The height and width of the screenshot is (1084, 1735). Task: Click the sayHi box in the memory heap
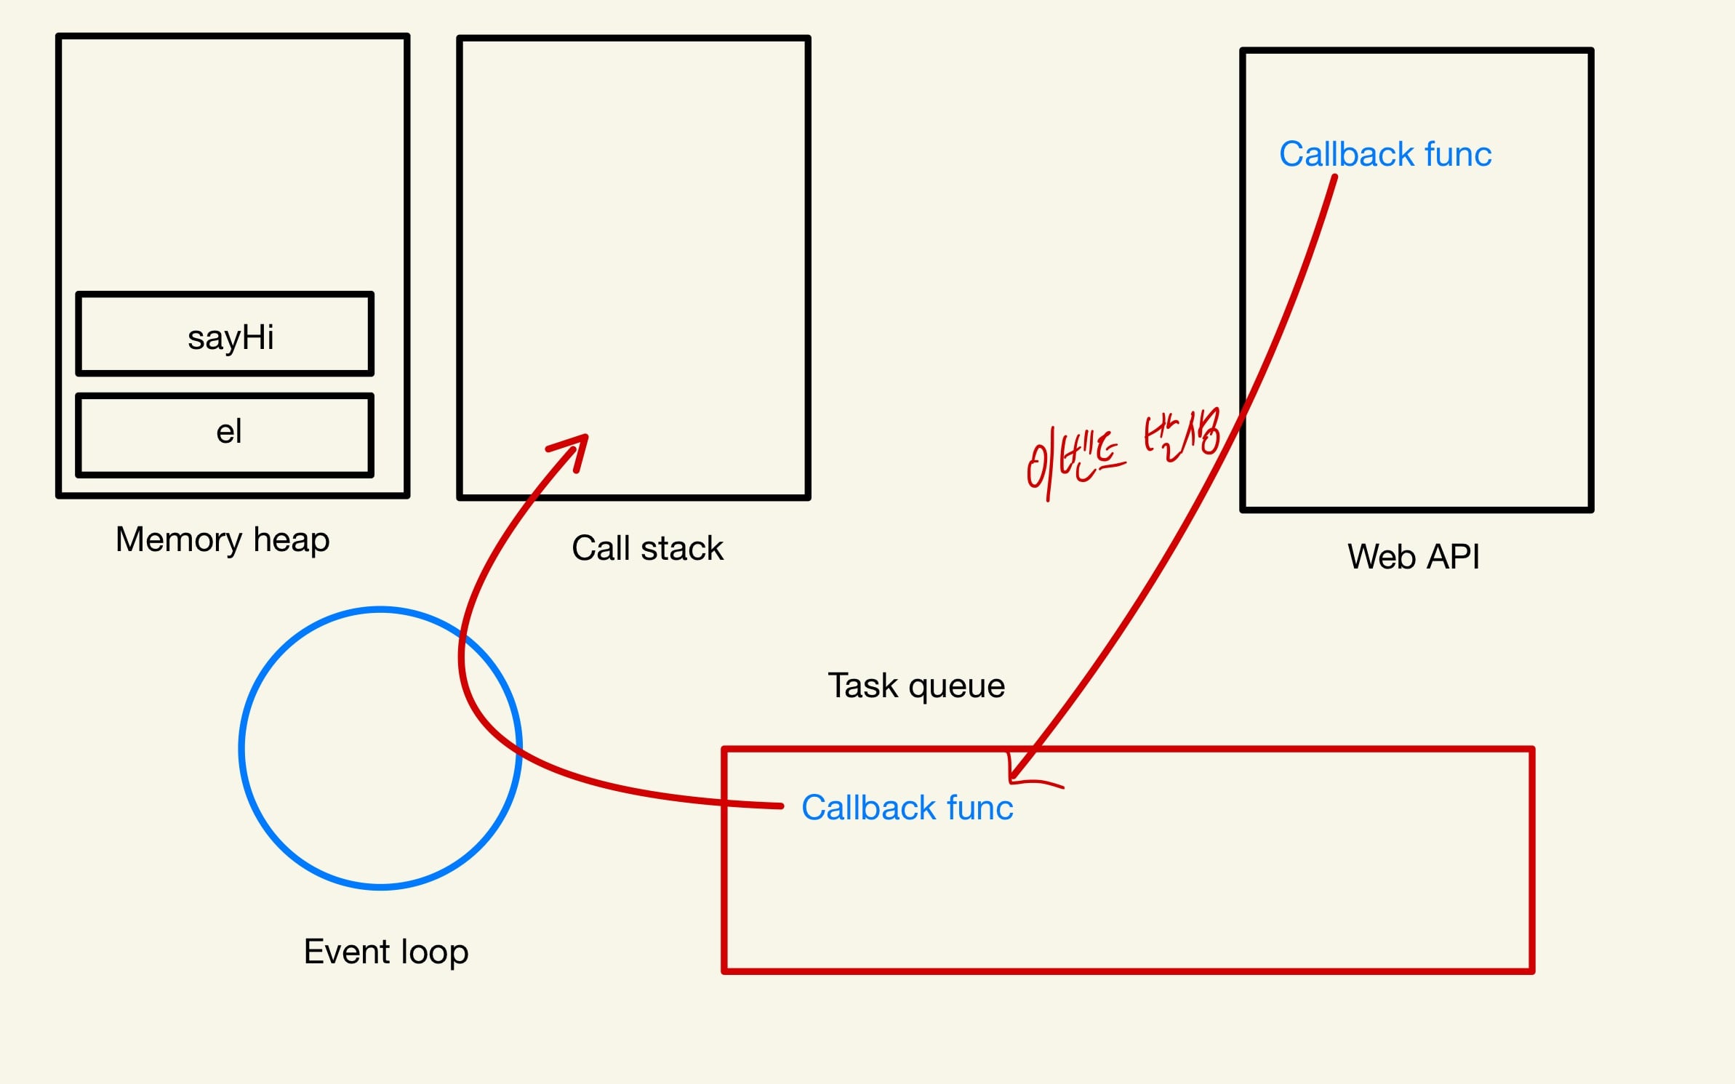pyautogui.click(x=225, y=335)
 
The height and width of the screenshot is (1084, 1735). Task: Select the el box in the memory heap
pyautogui.click(x=225, y=435)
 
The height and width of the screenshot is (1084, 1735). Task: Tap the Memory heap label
pyautogui.click(x=223, y=540)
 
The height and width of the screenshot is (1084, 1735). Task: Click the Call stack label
pyautogui.click(x=647, y=548)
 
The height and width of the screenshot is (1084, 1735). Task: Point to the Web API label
pyautogui.click(x=1413, y=557)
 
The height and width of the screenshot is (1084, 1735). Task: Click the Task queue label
pyautogui.click(x=916, y=686)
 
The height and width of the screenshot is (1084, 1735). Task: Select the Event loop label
pyautogui.click(x=385, y=952)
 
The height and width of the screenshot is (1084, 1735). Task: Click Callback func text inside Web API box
pyautogui.click(x=1385, y=154)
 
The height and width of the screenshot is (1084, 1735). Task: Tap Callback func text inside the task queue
pyautogui.click(x=907, y=808)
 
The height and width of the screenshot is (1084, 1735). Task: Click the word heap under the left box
pyautogui.click(x=291, y=540)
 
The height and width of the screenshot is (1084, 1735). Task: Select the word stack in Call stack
pyautogui.click(x=682, y=548)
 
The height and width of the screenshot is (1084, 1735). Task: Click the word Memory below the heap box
pyautogui.click(x=179, y=540)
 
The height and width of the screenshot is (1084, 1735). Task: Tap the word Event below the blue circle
pyautogui.click(x=347, y=952)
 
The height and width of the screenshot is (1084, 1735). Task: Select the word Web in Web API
pyautogui.click(x=1380, y=557)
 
